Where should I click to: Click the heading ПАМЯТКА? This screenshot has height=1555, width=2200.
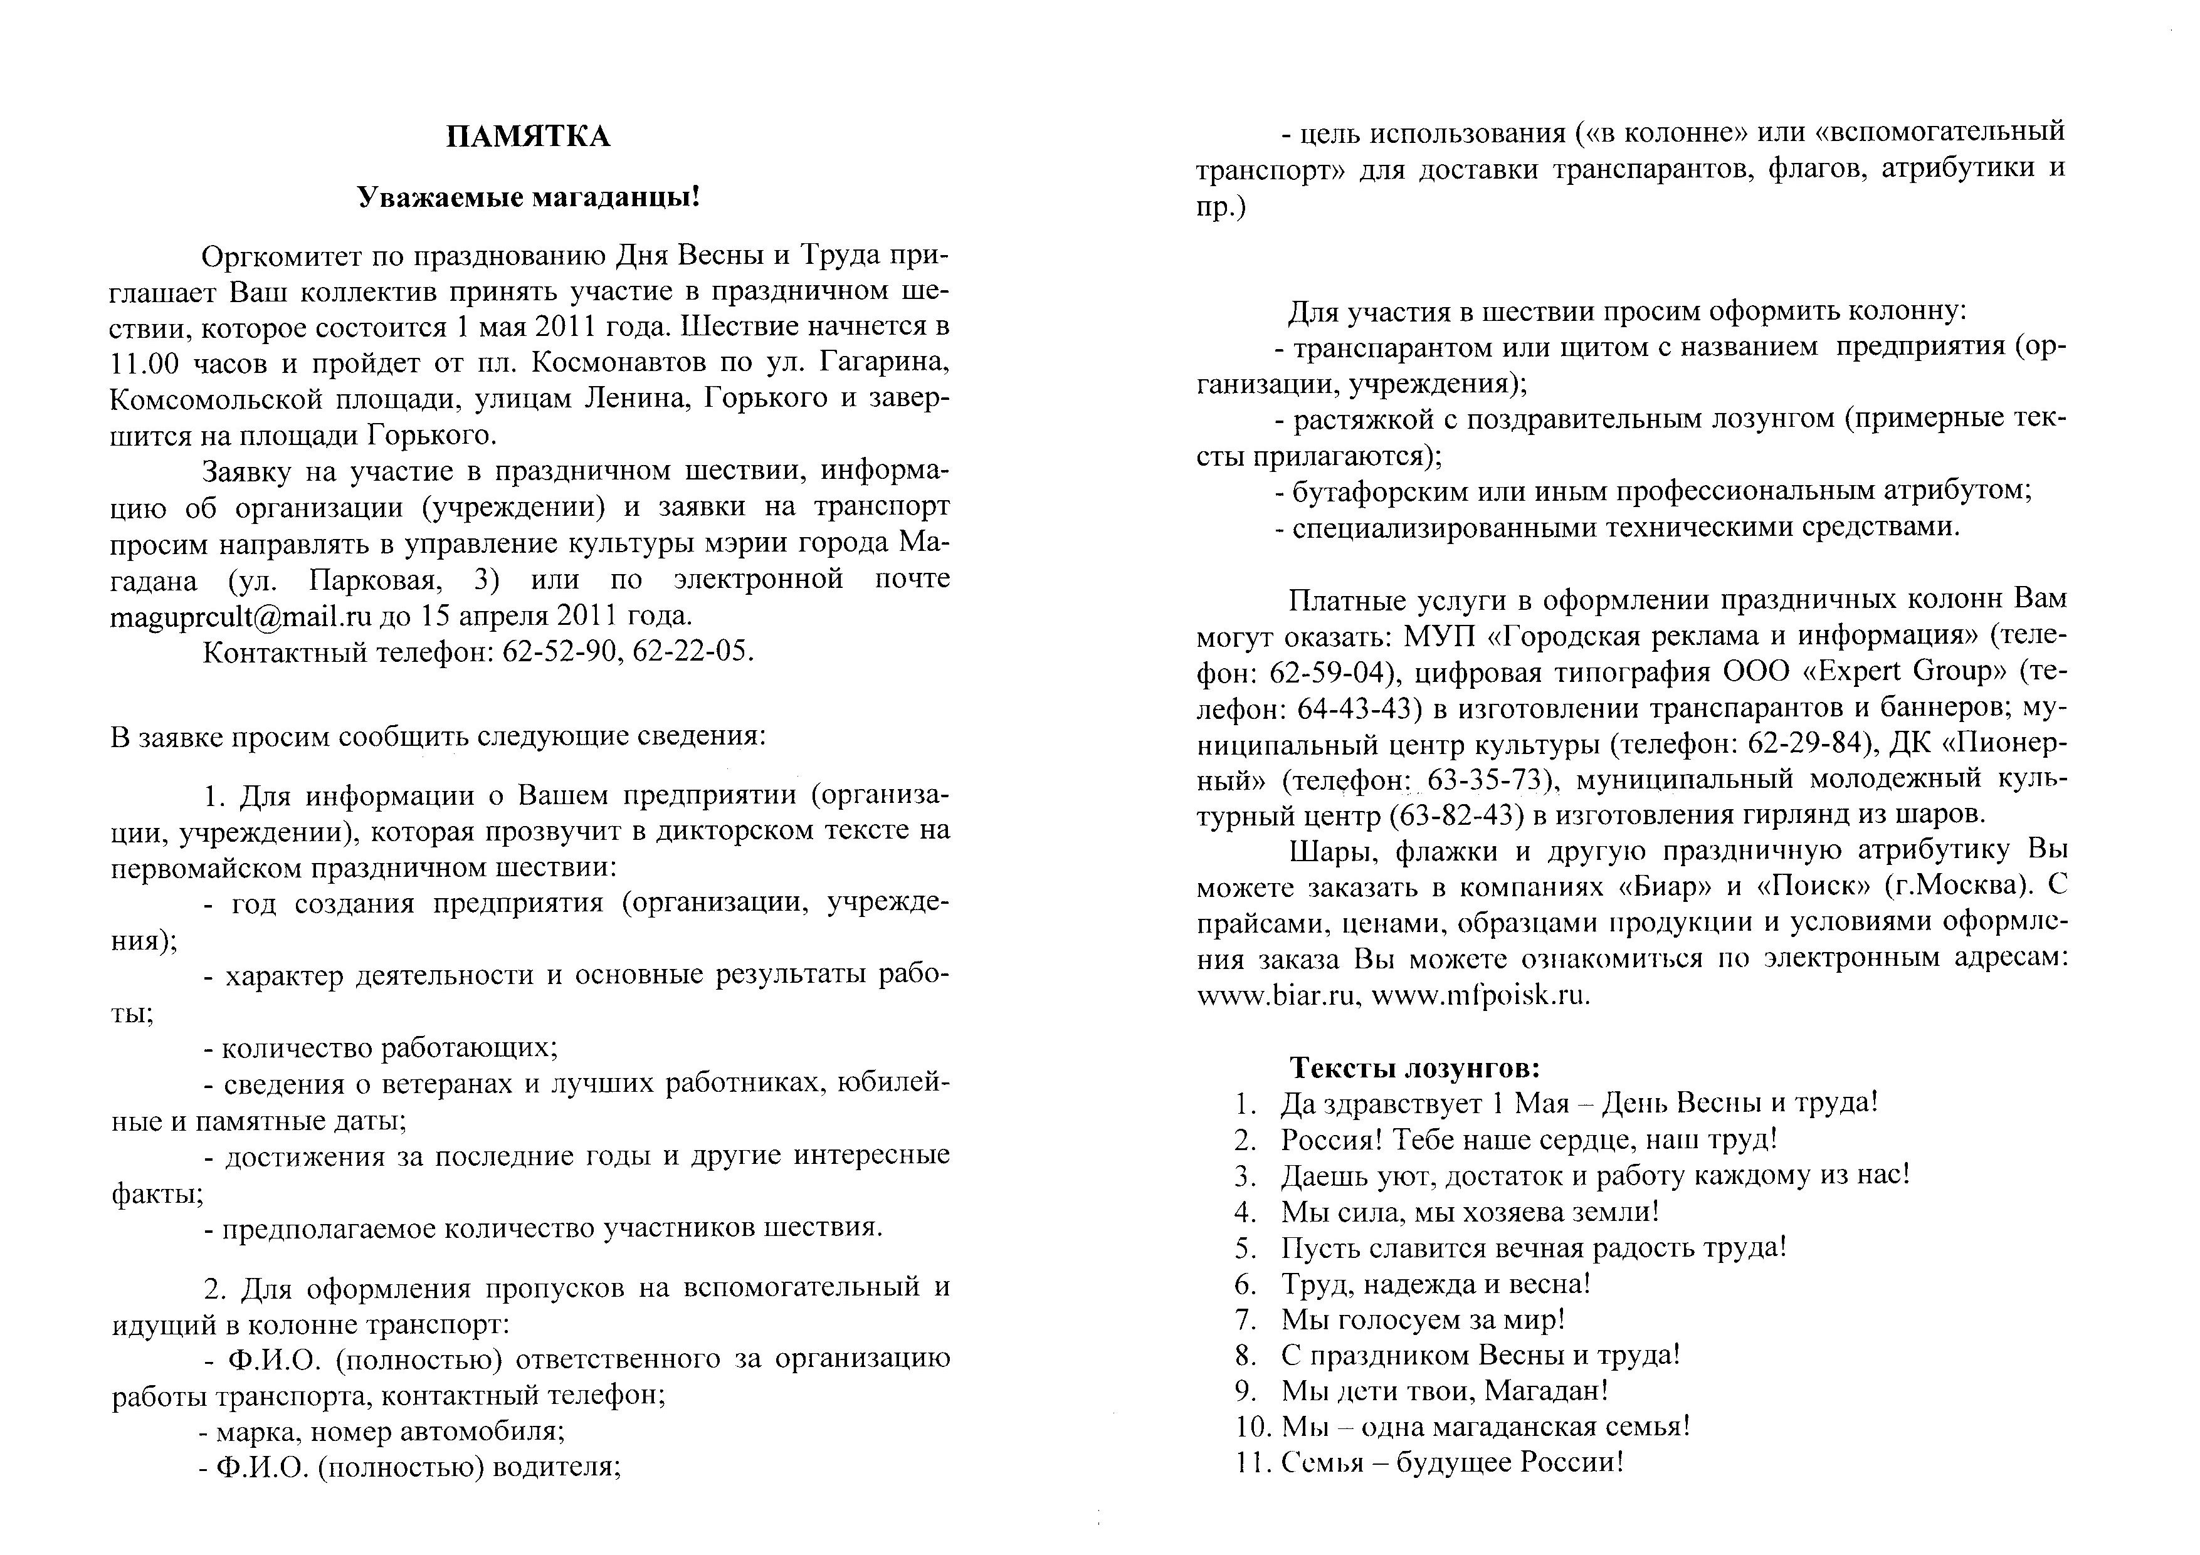click(x=528, y=137)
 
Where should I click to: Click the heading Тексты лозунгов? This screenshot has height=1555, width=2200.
click(x=1414, y=1067)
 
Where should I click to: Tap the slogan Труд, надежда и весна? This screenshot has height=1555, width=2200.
click(x=1435, y=1284)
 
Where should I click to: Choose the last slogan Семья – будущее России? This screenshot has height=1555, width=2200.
click(x=1453, y=1463)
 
